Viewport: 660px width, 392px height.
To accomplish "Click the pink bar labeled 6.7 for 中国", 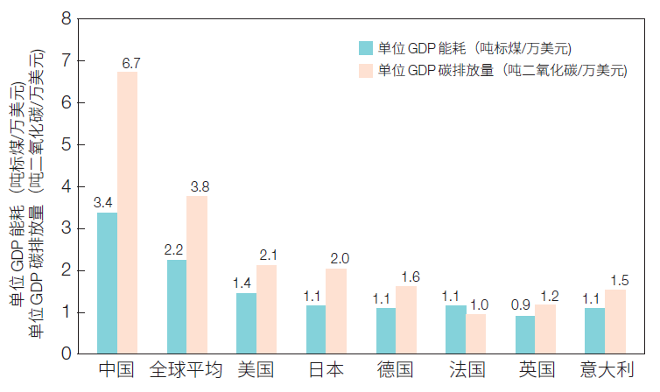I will (x=128, y=213).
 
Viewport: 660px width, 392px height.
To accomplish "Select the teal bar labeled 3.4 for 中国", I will (x=107, y=283).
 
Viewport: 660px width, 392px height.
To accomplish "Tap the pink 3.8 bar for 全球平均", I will (x=197, y=274).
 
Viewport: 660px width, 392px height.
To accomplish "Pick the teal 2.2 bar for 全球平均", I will (x=177, y=306).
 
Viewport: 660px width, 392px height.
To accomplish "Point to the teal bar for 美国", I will (x=246, y=323).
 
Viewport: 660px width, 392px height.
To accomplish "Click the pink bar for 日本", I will (x=336, y=311).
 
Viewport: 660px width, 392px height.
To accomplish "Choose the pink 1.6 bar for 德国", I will (x=406, y=319).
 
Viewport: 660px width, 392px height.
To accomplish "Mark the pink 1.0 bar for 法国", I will (x=475, y=332).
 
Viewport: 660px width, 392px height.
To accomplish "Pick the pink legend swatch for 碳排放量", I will (x=367, y=71).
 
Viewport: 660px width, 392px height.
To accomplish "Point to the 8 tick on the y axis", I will (x=67, y=18).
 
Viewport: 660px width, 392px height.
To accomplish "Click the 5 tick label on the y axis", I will (x=67, y=144).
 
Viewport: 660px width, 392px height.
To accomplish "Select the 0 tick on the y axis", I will (x=67, y=354).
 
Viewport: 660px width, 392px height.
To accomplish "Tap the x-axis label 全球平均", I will (x=186, y=371).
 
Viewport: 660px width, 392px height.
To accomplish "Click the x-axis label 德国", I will (x=396, y=371).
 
